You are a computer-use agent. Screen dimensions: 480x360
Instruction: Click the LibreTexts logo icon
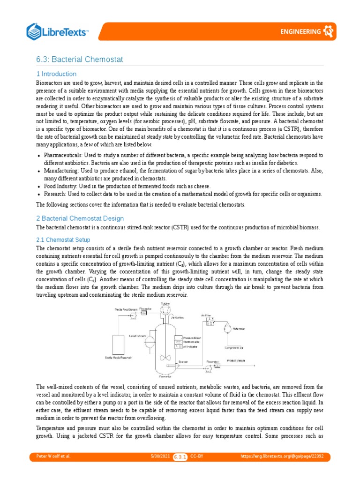(x=34, y=31)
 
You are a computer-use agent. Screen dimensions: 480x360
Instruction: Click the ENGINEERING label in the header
(x=300, y=32)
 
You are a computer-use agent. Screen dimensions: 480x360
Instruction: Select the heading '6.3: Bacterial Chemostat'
(x=80, y=59)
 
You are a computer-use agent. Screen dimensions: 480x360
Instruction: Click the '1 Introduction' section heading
(x=56, y=74)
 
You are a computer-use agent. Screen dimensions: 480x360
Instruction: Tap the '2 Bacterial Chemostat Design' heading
(x=80, y=218)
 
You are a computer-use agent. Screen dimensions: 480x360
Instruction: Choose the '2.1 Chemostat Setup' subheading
(x=63, y=240)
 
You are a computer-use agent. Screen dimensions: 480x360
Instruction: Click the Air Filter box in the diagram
(x=208, y=322)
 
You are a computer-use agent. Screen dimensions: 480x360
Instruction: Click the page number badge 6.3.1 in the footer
(x=180, y=456)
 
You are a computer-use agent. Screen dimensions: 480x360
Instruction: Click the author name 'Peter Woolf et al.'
(x=53, y=456)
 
